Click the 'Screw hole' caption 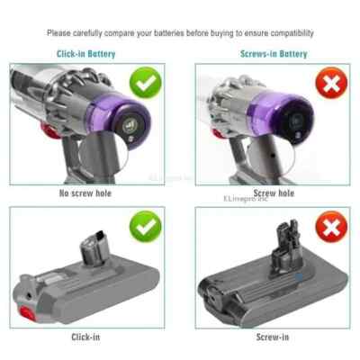tap(274, 193)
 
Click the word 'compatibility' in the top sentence tap(291, 33)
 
